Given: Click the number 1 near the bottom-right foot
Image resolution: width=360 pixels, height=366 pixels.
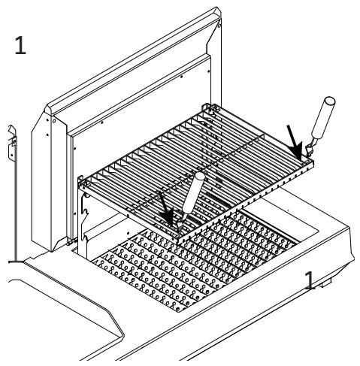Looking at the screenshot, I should [310, 281].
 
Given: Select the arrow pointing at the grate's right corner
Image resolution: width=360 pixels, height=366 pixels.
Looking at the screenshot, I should [296, 141].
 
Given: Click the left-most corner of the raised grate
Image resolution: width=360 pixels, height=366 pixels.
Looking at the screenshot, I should [81, 179].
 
